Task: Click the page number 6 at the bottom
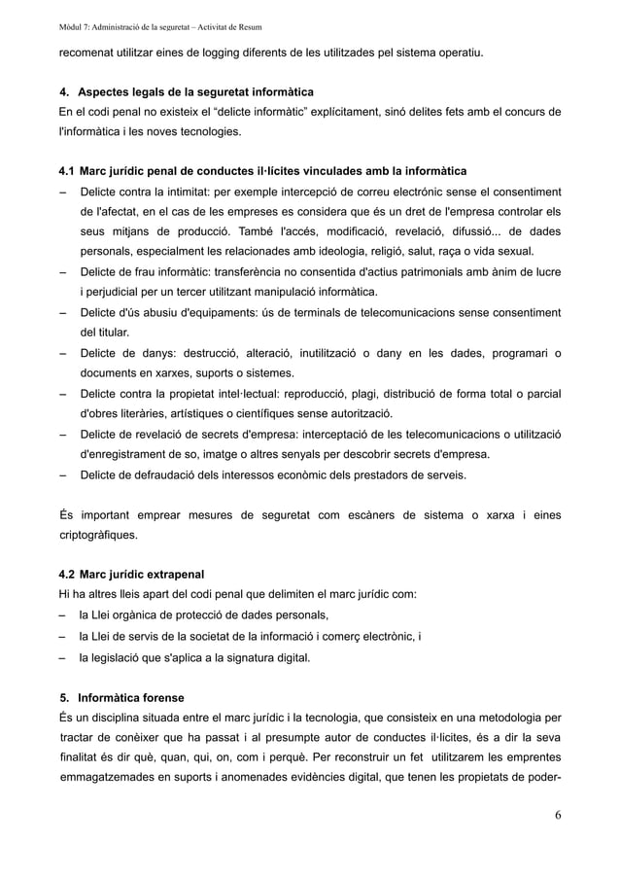click(x=558, y=815)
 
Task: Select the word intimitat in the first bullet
click(x=189, y=192)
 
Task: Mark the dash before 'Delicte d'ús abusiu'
click(x=63, y=312)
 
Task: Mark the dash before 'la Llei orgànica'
click(x=63, y=615)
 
